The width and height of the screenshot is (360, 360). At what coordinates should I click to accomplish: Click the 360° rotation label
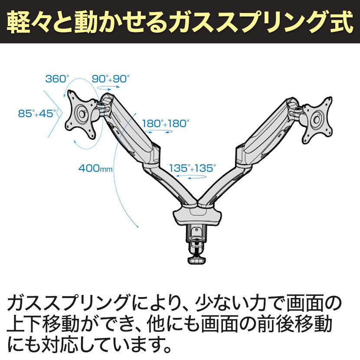57,79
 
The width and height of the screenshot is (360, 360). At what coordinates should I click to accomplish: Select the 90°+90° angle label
111,79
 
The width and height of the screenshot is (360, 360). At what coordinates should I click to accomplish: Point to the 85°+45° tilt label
38,113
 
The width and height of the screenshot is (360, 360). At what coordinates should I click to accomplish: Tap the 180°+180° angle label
166,124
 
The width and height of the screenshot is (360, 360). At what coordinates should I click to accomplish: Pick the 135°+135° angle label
192,168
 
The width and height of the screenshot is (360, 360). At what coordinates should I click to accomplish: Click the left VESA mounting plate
82,114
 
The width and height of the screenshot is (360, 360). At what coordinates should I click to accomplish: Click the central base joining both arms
198,215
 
